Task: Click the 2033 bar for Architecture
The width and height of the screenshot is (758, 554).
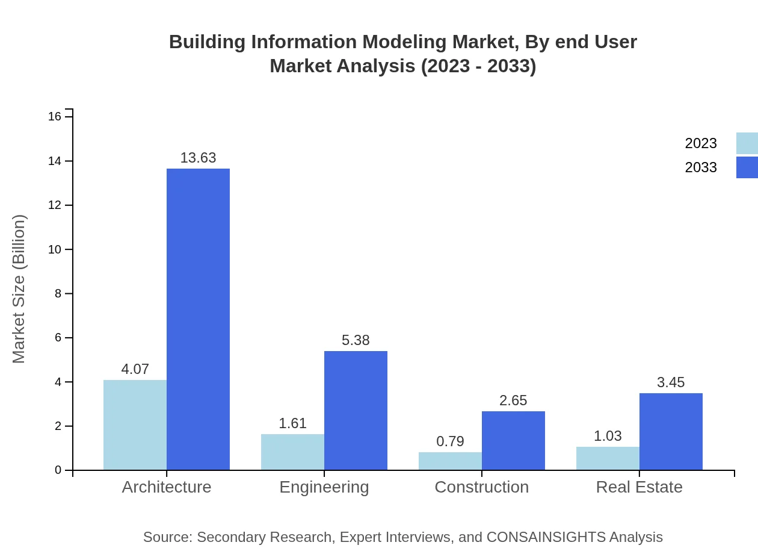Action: click(198, 319)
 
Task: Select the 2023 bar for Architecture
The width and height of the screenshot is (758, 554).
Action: click(135, 425)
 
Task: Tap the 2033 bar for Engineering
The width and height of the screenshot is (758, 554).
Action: click(356, 410)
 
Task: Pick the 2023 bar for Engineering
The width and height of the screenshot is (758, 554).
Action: click(292, 452)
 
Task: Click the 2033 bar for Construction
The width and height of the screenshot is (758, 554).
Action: click(513, 440)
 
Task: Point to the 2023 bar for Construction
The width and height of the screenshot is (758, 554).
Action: click(450, 461)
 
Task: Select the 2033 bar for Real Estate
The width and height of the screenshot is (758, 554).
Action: click(671, 431)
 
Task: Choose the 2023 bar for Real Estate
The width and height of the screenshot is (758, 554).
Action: click(608, 458)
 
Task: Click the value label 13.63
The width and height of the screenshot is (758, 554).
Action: click(198, 158)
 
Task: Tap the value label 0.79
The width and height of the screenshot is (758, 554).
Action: click(450, 441)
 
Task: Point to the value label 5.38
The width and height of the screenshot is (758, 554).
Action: click(356, 340)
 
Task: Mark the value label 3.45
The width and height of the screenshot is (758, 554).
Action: click(671, 382)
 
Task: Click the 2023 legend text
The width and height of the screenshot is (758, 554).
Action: click(701, 143)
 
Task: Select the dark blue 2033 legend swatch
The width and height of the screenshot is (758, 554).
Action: click(747, 167)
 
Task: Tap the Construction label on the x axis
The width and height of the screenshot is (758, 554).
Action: click(481, 487)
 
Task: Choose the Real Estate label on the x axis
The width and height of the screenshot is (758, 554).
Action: click(639, 487)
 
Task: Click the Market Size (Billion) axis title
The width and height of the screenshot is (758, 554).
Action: click(19, 289)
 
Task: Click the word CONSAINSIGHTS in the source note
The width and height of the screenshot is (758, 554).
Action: click(546, 537)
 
